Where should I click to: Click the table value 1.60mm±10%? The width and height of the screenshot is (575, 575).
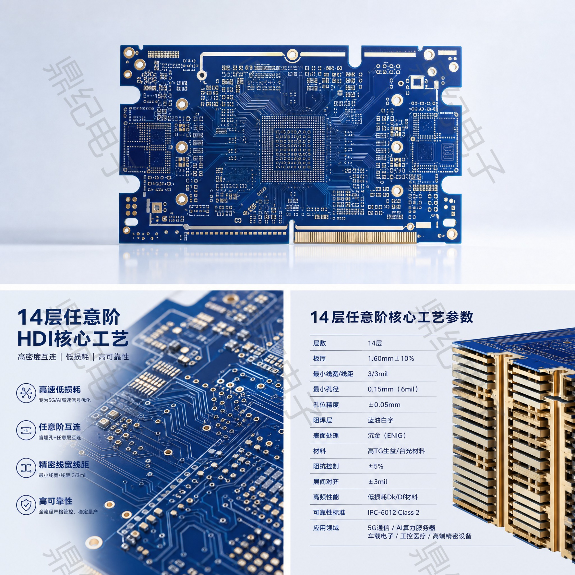coord(391,358)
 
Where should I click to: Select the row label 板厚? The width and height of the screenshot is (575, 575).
coord(319,358)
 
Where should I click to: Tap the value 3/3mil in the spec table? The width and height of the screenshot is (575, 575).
coord(378,374)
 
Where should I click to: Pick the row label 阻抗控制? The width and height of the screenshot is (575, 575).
coord(326,466)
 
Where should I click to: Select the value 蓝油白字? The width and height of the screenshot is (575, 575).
coord(381,420)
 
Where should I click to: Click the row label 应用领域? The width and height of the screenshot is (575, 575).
coord(326,528)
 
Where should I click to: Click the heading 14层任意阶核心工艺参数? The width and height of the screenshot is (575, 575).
coord(392,317)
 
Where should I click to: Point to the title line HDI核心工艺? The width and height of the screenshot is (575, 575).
coord(73,339)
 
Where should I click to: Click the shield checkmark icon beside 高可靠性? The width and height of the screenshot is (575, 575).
coord(26,505)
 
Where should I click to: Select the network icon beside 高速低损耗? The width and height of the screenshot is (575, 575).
coord(26,393)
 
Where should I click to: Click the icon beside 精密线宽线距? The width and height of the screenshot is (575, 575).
coord(26,468)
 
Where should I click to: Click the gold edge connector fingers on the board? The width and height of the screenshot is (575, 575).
coord(355,237)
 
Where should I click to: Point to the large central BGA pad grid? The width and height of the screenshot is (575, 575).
coord(294,149)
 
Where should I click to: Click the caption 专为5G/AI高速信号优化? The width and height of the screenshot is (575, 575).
coord(65,400)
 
